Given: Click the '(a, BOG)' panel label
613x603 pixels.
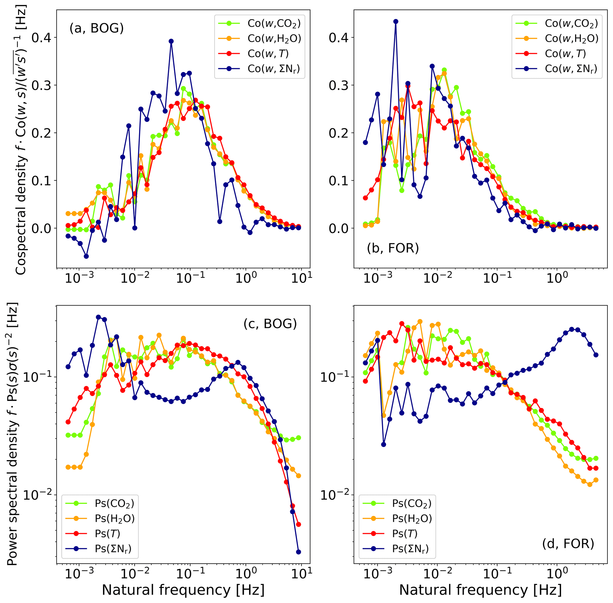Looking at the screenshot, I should [96, 28].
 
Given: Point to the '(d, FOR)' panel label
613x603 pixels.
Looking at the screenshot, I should [568, 543].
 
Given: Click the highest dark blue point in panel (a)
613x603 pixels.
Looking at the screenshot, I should [171, 41].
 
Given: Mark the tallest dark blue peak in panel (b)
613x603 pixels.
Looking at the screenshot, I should [396, 22].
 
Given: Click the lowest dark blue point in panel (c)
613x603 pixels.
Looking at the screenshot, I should [298, 552].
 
